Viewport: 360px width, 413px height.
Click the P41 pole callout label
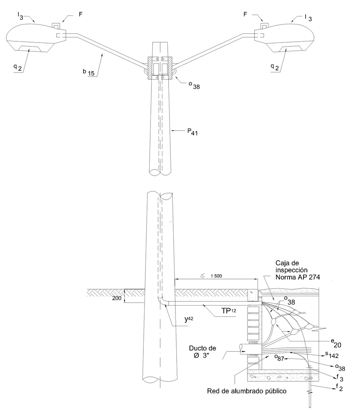tap(192, 131)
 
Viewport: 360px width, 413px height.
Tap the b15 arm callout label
tap(88, 72)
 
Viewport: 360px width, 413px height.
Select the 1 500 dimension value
tap(216, 276)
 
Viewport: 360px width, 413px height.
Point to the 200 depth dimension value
tap(117, 298)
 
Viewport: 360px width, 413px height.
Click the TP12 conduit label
tap(228, 311)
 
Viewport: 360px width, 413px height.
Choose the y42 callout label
tap(189, 319)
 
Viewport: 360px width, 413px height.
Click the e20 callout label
tap(336, 343)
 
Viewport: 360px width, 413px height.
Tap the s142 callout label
tap(332, 355)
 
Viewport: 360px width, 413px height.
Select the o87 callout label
tap(279, 358)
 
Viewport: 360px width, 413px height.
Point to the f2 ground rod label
tap(339, 387)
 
